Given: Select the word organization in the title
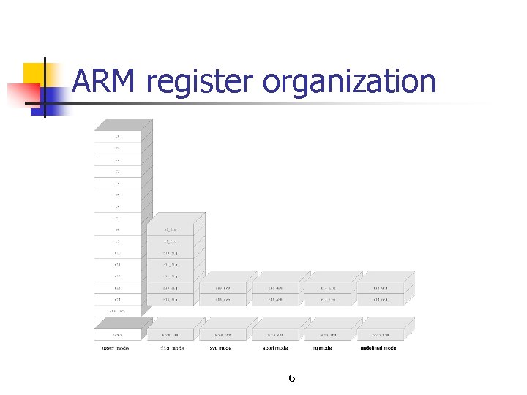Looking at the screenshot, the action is point(349,83).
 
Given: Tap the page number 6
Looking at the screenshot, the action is point(291,378).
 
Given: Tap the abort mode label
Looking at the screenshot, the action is point(275,348).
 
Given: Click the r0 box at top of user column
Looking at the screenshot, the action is point(117,136).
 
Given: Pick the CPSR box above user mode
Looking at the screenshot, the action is point(117,334).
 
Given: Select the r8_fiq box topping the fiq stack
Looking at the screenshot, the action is point(171,230).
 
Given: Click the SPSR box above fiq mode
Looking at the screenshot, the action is point(171,334).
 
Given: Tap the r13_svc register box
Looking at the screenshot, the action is point(223,288).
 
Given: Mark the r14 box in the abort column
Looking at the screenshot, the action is point(275,300).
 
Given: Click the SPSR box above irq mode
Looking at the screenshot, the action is point(327,334).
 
